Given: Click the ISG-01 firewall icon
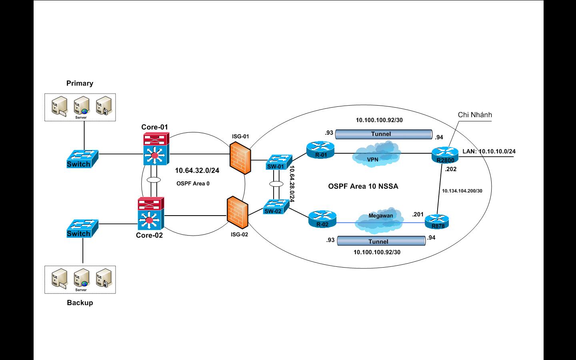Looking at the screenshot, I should pos(240,158).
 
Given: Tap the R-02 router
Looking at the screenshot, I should pos(322,220).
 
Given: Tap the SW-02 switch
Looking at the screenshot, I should pos(274,207).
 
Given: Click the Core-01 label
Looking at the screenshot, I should pos(154,127).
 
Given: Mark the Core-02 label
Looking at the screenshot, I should pos(149,235).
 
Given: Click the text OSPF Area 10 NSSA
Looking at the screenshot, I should pos(363,186).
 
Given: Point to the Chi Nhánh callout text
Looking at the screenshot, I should pos(475,115).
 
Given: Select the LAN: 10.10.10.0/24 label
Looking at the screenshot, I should pos(489,151).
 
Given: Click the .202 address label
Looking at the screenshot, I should pos(450,169).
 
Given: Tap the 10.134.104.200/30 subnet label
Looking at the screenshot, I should pos(462,191).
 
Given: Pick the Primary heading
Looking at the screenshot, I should pos(80,83).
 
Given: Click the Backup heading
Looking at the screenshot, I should pos(80,303).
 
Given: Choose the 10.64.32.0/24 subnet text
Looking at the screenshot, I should pos(197,170).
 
